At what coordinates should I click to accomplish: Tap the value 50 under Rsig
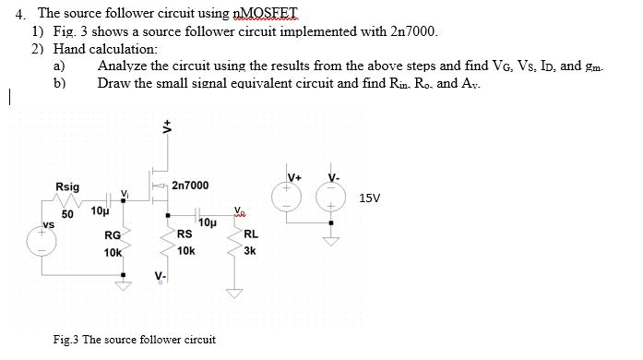pos(66,214)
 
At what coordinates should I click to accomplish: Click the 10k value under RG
pos(113,251)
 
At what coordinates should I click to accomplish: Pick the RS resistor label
pos(185,234)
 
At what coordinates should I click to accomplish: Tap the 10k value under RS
pos(185,251)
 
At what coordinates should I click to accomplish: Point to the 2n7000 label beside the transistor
pos(190,186)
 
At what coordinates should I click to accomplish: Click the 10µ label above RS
pos(207,223)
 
